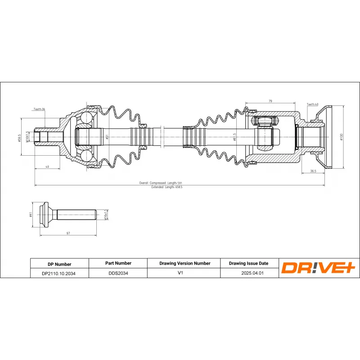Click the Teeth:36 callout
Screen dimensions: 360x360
point(40,109)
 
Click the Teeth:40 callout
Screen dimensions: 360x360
point(312,104)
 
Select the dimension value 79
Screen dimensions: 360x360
point(270,101)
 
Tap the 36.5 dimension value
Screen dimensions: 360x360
point(313,171)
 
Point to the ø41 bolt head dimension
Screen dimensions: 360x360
point(31,215)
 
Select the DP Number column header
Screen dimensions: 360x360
point(59,264)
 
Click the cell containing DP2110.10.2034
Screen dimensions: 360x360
point(59,273)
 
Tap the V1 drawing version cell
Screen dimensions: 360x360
point(184,273)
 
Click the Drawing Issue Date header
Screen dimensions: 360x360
point(248,263)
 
